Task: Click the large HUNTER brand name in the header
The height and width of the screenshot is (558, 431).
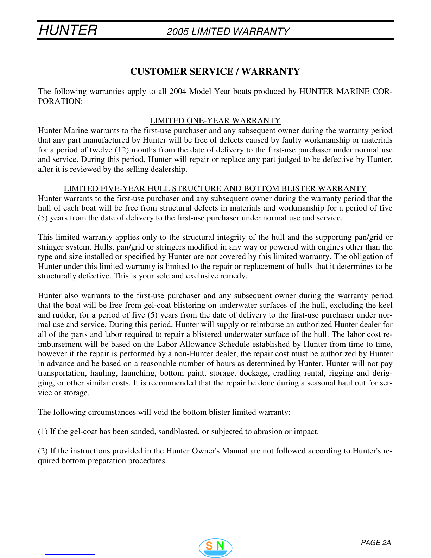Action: click(x=68, y=30)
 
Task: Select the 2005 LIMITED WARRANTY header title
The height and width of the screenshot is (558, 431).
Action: click(x=228, y=32)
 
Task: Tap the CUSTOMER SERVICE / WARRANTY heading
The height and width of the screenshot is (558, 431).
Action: click(x=215, y=71)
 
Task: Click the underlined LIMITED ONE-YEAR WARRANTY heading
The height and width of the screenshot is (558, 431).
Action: click(x=215, y=121)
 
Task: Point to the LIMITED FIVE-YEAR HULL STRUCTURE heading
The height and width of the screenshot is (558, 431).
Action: click(x=215, y=189)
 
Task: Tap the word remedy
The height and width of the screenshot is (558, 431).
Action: click(x=234, y=276)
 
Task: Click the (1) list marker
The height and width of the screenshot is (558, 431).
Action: click(x=43, y=432)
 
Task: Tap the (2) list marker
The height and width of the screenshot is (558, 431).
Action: click(x=43, y=451)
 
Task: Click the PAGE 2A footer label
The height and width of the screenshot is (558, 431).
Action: click(x=376, y=543)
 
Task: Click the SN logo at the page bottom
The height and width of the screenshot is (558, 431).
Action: click(x=215, y=547)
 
